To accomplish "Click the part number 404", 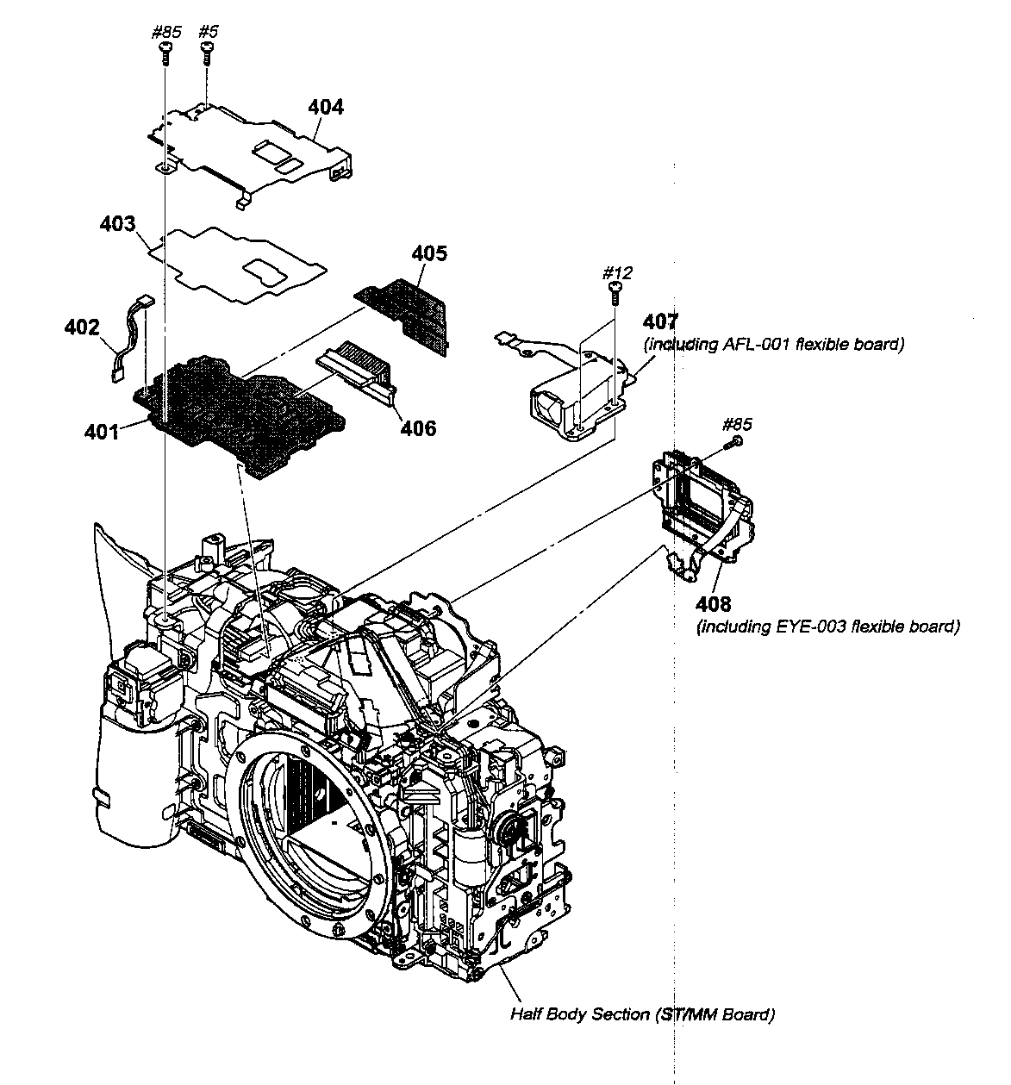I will (x=326, y=108).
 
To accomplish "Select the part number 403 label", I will (x=117, y=225).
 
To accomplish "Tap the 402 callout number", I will (x=82, y=328).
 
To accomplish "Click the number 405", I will (x=429, y=253).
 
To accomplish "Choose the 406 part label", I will (x=418, y=427).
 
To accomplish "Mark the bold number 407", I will (x=661, y=323).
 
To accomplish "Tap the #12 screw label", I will (x=617, y=273).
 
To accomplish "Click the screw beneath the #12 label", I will (x=615, y=294).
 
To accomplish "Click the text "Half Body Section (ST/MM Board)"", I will (x=642, y=1014).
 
